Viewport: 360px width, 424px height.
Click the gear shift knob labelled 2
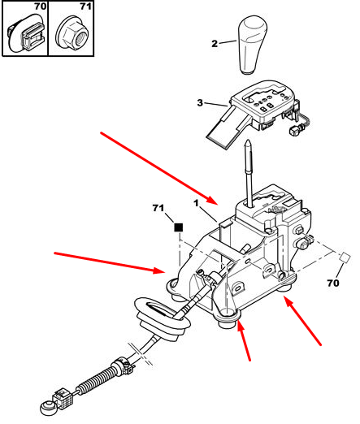coord(253,45)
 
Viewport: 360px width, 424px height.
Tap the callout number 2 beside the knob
coord(215,43)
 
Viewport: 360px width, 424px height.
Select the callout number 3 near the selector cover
coord(200,102)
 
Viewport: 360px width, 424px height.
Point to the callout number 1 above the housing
coord(196,203)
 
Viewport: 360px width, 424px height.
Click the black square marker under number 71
coord(178,227)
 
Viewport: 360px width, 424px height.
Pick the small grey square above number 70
coord(345,257)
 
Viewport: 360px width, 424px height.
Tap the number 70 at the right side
coord(333,283)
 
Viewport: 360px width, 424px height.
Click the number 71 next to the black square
coord(158,208)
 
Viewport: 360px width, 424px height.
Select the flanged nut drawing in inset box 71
coord(72,34)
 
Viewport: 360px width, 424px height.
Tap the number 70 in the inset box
coord(40,6)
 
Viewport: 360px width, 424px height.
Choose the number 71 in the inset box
coord(85,6)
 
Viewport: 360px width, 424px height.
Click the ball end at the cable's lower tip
coord(46,407)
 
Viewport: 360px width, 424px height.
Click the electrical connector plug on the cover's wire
coord(294,132)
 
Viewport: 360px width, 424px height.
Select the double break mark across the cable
coord(141,354)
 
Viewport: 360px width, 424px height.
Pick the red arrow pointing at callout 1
coord(159,168)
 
